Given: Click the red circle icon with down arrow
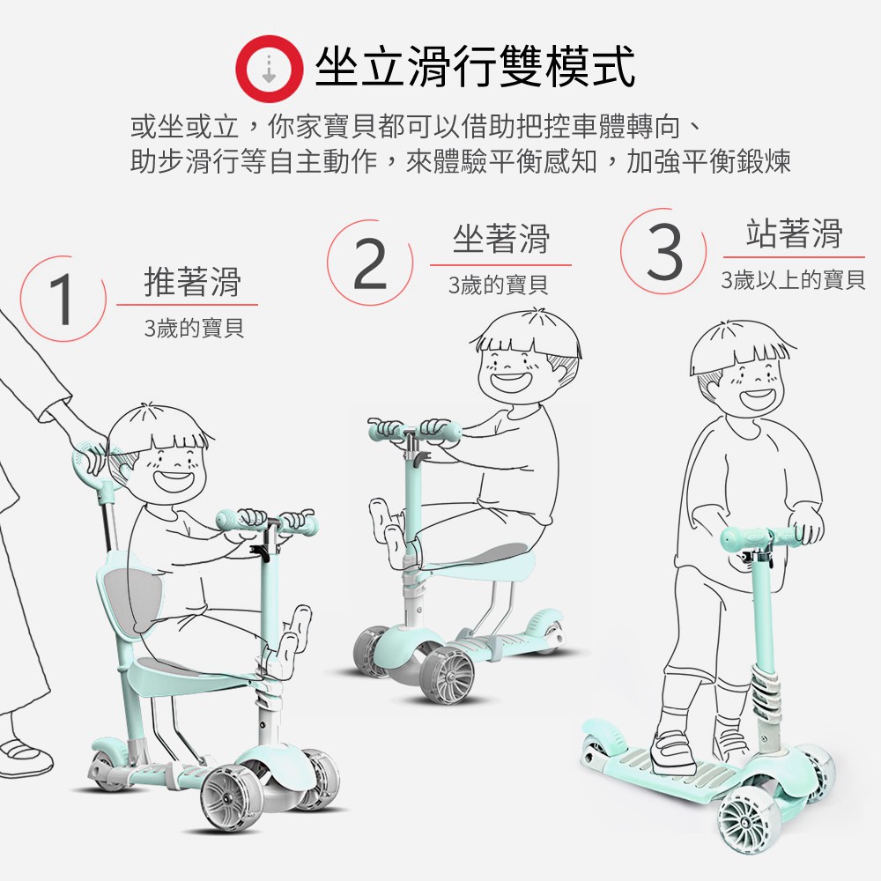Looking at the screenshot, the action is point(269,69).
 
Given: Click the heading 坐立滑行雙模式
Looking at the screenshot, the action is point(475,67).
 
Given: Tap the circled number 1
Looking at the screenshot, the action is point(63,299).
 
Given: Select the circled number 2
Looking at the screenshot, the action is point(370,263).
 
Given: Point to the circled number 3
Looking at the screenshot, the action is point(663,251).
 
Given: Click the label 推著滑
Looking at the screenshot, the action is point(193,281).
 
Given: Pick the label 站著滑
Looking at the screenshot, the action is point(794,233).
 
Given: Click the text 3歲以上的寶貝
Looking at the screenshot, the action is point(793,280).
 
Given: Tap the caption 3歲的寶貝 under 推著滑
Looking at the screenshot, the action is point(194,328).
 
